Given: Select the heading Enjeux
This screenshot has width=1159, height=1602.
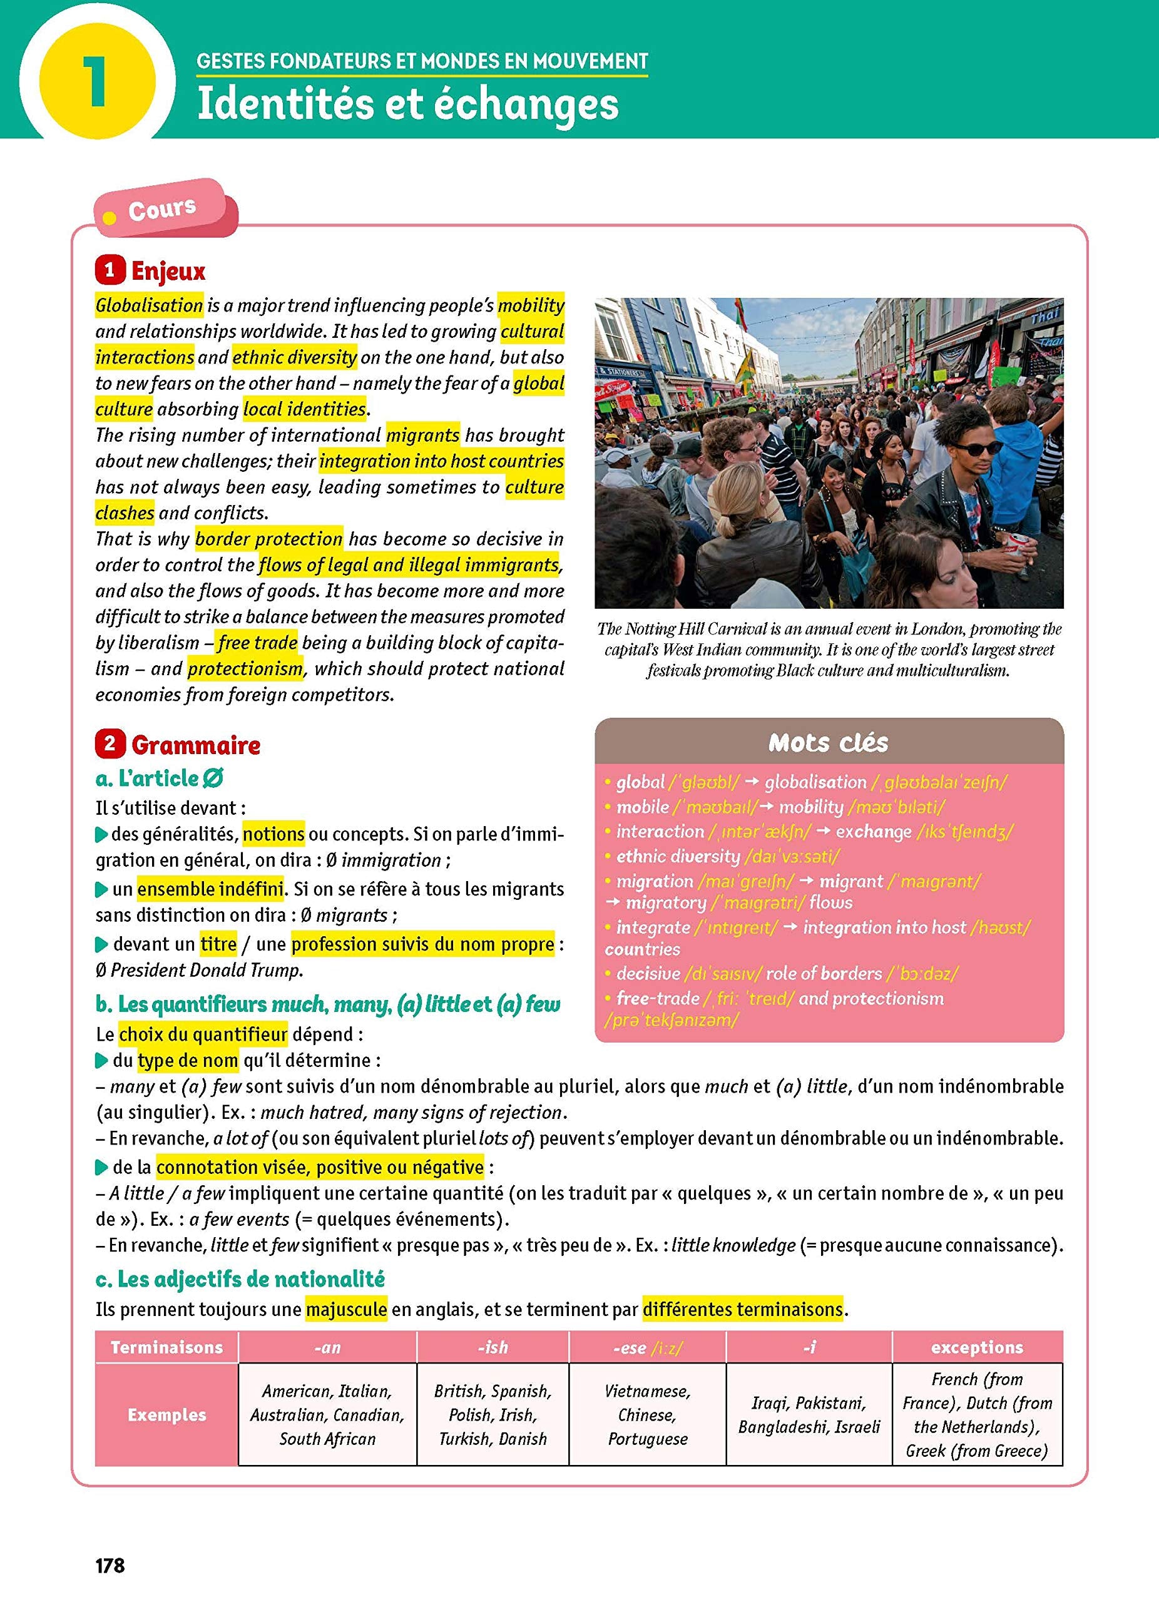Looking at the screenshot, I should coord(168,271).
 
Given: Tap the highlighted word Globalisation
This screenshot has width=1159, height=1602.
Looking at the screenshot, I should coord(149,305).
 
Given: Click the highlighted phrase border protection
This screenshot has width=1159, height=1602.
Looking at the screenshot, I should coord(268,539).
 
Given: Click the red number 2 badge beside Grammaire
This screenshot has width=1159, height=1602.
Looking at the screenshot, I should coord(110,744).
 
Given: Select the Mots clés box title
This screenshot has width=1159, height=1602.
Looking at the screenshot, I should coord(829,742).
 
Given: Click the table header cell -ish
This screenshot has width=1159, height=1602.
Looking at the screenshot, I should coord(493,1347).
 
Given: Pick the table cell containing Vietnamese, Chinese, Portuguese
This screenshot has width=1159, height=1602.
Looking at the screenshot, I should coord(647,1415).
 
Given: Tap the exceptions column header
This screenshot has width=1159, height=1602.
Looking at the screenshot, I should coord(977,1347).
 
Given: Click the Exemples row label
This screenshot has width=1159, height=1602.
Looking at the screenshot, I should coord(166,1415).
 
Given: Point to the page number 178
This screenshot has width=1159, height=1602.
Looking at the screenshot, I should coord(110,1566).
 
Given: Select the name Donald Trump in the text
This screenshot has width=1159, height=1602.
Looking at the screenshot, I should coord(259,971).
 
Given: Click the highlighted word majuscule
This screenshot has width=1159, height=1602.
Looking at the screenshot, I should coord(346,1310).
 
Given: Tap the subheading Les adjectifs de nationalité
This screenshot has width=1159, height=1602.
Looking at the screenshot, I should coord(240,1279).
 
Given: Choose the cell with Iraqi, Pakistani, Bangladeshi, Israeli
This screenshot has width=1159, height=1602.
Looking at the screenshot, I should coord(809,1415).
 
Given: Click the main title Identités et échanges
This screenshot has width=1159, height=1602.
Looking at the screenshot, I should coord(407,104).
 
